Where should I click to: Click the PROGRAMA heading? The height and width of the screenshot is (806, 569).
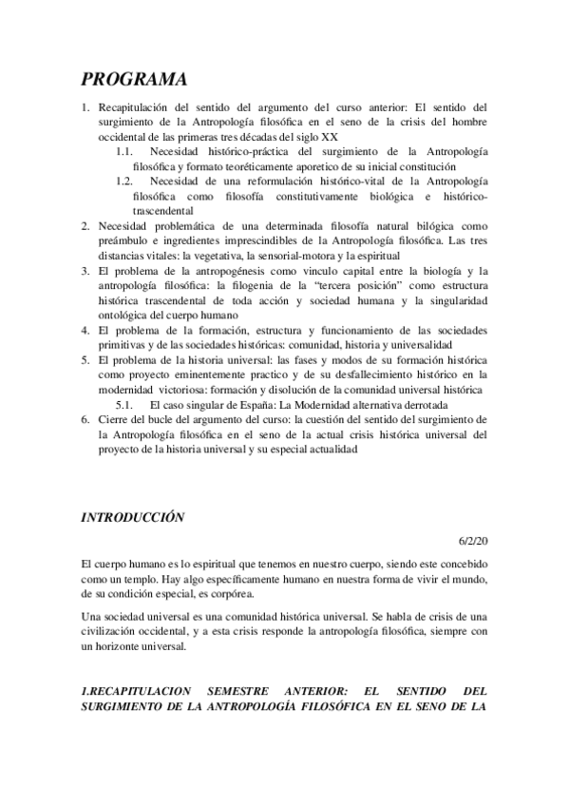click(133, 78)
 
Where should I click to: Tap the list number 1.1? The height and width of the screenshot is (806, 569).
click(124, 150)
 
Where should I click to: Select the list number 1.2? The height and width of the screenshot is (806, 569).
click(124, 181)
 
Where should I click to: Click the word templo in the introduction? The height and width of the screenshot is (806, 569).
click(161, 578)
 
